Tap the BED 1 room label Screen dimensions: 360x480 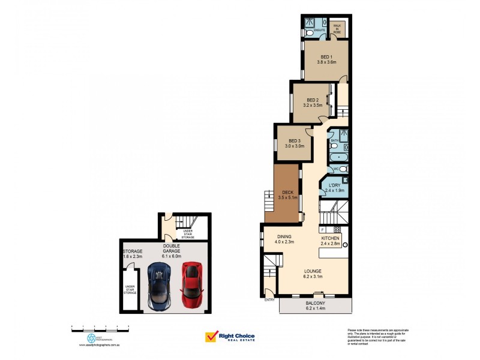[x=326, y=58]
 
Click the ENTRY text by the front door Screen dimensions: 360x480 [x=269, y=300]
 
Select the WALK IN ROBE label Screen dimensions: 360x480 [x=337, y=28]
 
